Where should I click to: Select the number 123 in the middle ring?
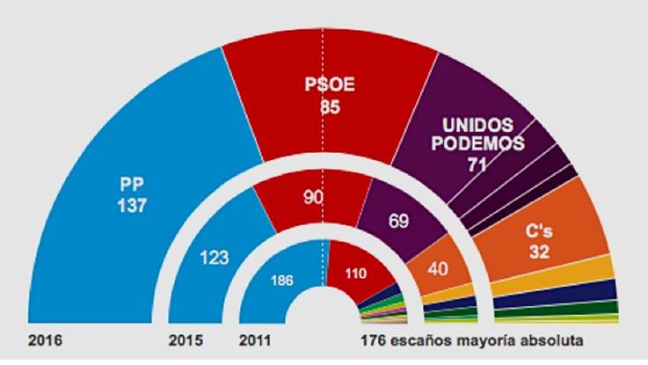point(214,258)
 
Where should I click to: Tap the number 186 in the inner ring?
point(282,283)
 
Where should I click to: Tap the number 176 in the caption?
point(373,340)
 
